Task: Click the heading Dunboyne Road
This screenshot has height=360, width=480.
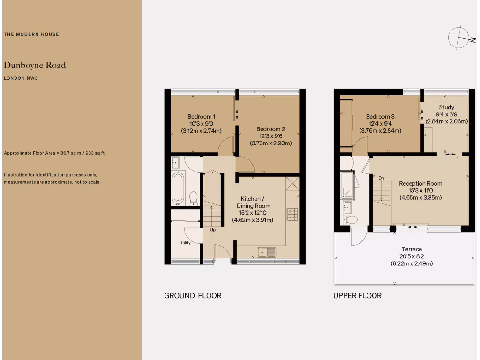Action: [35, 65]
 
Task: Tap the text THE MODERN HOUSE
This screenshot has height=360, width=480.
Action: [31, 34]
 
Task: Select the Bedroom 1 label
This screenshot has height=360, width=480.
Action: [201, 117]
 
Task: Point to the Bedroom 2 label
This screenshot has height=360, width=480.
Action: [270, 129]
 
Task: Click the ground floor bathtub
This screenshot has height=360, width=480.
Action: [178, 188]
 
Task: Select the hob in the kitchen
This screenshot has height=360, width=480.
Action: [292, 214]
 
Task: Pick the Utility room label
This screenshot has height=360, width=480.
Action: [185, 243]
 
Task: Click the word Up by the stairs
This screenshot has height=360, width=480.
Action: [213, 230]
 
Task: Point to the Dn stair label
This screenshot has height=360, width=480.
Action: [381, 178]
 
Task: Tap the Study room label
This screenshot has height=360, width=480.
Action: [446, 107]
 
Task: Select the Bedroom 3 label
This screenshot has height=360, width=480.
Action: [380, 117]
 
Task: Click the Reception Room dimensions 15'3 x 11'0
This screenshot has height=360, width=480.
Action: [420, 190]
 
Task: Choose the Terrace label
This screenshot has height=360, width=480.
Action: [412, 249]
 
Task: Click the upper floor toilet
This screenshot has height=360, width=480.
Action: [351, 219]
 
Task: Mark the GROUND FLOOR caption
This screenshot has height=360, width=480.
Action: [193, 296]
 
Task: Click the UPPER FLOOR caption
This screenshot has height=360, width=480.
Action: [357, 296]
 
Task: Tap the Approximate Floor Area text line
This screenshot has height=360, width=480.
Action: [57, 153]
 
